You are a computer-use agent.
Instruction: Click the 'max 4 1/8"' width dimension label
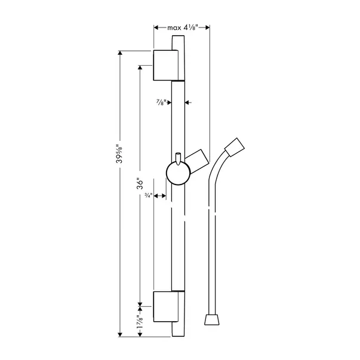point(183,28)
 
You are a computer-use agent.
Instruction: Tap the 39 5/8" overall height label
point(119,153)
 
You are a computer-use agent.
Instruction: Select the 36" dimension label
point(140,183)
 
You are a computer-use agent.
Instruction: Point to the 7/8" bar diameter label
point(161,102)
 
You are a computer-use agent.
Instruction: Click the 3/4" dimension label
point(148,196)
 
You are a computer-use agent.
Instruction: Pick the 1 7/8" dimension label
point(140,322)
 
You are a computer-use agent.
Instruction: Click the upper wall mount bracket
point(165,65)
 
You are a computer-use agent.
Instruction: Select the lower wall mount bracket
point(165,307)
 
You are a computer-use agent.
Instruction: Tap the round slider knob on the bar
point(178,173)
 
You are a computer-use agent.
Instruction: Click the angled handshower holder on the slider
point(198,161)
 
